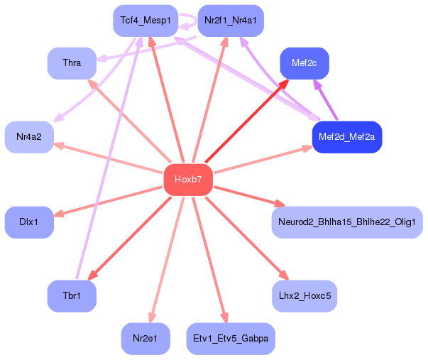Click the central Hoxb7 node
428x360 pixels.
pos(188,180)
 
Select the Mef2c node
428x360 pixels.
pos(304,63)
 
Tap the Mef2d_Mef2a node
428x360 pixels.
pos(347,136)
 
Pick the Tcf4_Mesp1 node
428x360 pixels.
pos(145,21)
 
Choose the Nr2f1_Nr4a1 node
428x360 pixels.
pos(231,21)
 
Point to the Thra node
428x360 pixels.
pos(72,63)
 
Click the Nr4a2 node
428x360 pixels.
pos(29,136)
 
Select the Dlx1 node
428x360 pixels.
pos(29,222)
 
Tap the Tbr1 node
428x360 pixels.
pos(72,295)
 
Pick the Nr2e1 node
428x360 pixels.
pos(145,339)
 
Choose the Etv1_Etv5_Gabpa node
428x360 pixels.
pos(231,339)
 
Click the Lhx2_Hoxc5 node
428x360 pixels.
pos(304,295)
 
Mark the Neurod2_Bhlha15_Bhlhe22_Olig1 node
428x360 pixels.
pos(347,222)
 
